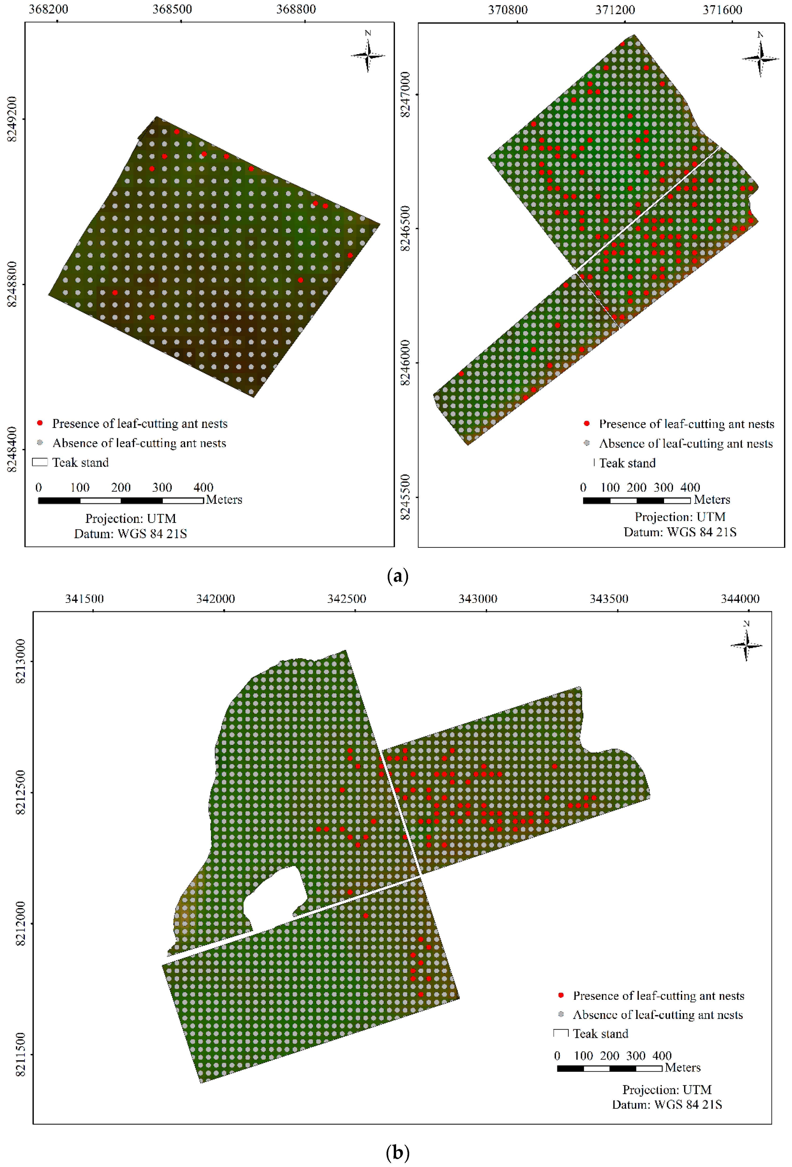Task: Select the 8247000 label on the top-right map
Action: (x=405, y=94)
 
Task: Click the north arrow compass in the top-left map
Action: (x=368, y=54)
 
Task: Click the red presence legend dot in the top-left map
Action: (x=40, y=423)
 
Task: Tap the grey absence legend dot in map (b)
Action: (x=561, y=1014)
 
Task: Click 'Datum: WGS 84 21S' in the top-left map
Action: (x=131, y=534)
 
